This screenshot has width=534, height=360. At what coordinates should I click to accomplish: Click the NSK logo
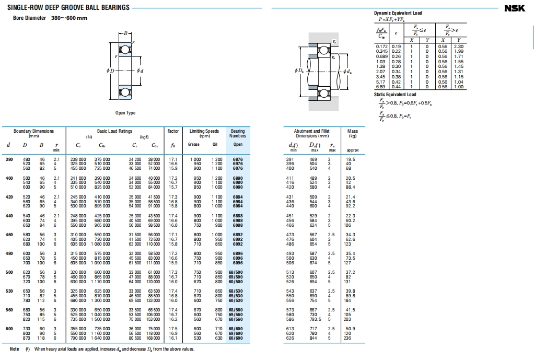tap(517, 8)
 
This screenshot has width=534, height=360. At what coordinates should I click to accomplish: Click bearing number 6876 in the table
tap(238, 159)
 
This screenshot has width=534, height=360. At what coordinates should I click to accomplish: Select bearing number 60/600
tap(236, 339)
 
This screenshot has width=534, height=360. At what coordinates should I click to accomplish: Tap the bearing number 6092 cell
tap(238, 244)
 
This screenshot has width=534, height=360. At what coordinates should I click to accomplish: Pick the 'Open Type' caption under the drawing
tap(125, 113)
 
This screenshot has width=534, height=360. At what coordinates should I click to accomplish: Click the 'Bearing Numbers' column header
tap(238, 133)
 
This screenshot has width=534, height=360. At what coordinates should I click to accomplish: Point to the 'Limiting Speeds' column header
tap(204, 131)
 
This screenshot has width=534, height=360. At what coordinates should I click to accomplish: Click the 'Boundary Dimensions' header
tap(33, 131)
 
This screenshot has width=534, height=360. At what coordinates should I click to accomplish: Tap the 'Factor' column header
tap(173, 131)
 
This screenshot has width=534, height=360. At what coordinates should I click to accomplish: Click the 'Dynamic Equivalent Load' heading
tap(398, 13)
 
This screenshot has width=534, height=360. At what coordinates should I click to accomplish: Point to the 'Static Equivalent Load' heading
tap(395, 95)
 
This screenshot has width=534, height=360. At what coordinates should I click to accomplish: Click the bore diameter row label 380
tap(9, 159)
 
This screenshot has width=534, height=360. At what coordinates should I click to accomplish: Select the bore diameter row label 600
tap(9, 329)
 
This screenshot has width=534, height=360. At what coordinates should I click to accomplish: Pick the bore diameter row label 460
tap(9, 235)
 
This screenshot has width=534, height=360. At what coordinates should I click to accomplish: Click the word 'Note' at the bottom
tap(15, 349)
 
